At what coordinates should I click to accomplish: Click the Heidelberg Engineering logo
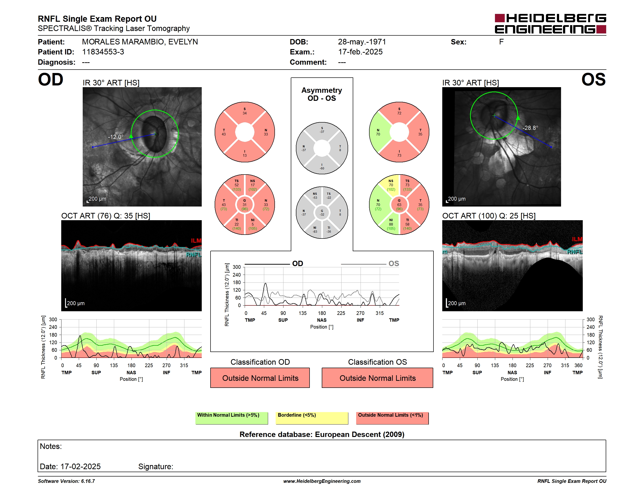click(x=550, y=24)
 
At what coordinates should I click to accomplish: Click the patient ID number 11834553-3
click(x=103, y=52)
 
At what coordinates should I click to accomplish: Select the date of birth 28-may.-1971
click(x=362, y=42)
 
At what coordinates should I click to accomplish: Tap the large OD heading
click(x=50, y=80)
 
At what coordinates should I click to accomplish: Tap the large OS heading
click(x=593, y=80)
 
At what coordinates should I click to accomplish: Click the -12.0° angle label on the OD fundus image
click(x=116, y=137)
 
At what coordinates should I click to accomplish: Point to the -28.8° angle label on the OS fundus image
click(x=530, y=128)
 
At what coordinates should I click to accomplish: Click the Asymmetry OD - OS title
click(x=322, y=94)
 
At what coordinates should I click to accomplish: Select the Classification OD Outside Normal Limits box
click(x=260, y=378)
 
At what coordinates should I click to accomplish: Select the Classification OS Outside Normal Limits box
click(x=377, y=378)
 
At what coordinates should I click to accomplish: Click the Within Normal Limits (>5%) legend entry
click(x=231, y=418)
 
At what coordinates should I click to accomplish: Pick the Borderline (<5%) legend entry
click(x=312, y=418)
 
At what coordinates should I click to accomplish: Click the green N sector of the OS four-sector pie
click(x=379, y=132)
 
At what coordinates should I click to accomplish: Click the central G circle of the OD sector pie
click(x=244, y=205)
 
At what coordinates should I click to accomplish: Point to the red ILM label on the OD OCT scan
click(x=196, y=241)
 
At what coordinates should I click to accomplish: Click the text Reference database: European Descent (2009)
click(x=322, y=434)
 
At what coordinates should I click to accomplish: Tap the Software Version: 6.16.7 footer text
click(x=66, y=481)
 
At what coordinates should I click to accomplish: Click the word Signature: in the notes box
click(x=156, y=467)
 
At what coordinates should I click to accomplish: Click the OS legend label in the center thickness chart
click(x=394, y=263)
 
